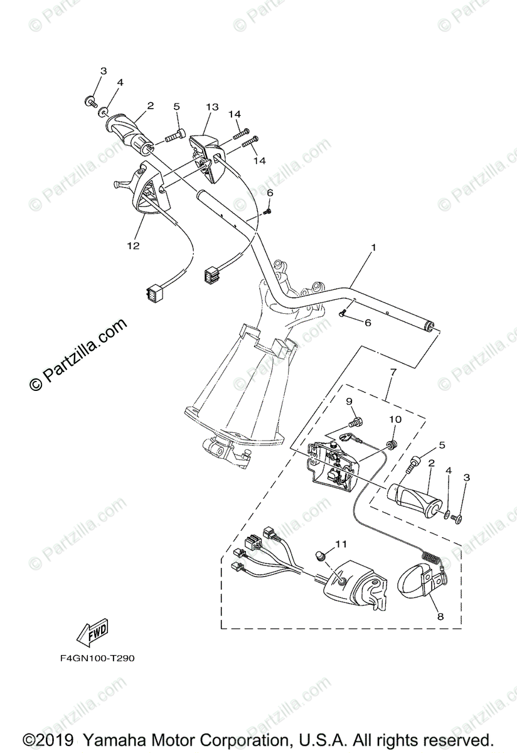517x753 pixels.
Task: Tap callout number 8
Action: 440,616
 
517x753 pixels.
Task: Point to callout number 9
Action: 349,402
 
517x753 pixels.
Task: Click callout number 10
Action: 395,419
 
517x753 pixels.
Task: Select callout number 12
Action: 133,245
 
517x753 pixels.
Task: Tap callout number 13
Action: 211,107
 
